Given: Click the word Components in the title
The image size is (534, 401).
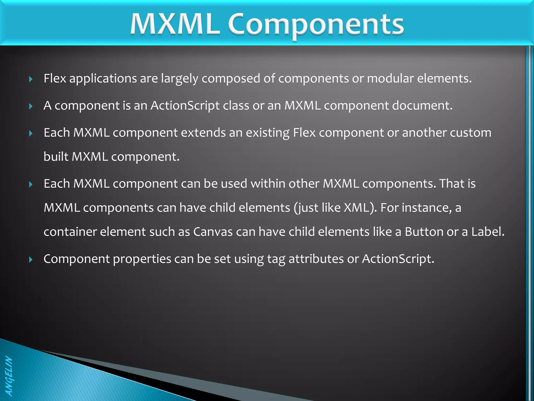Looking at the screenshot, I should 316,25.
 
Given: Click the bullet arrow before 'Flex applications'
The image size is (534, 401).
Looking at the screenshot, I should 31,79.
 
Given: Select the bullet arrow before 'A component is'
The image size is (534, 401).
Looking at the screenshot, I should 31,106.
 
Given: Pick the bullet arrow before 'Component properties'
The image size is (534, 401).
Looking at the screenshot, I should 31,260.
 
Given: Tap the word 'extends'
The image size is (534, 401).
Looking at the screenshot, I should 203,133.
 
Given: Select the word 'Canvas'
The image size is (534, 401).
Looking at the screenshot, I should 213,232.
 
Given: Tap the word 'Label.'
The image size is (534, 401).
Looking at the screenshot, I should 488,232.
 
